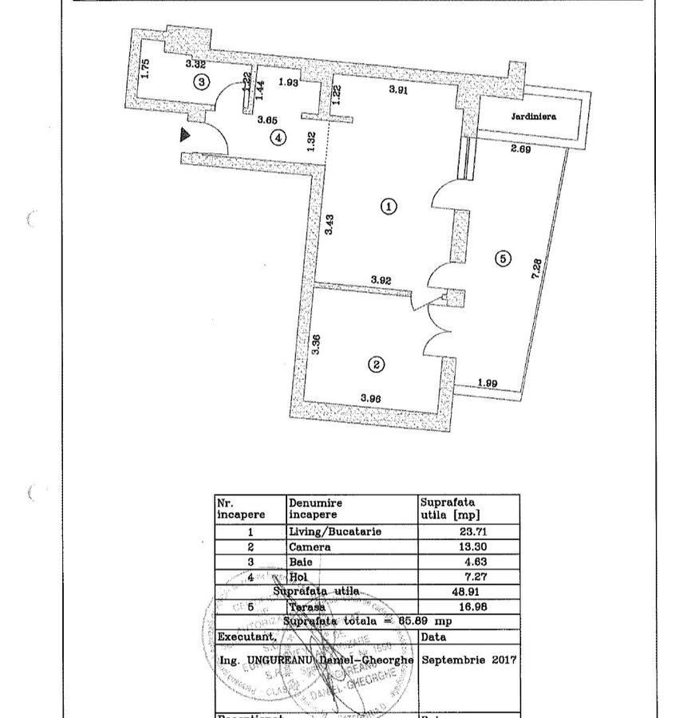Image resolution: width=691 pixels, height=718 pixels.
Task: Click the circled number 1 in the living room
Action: pyautogui.click(x=389, y=207)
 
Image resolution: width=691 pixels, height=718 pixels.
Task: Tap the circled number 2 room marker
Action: pyautogui.click(x=376, y=365)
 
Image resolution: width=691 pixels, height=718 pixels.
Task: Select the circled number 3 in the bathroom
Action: pyautogui.click(x=202, y=81)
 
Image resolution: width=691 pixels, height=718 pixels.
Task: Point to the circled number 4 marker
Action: pyautogui.click(x=277, y=138)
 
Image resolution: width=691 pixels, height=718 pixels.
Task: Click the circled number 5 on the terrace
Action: pyautogui.click(x=503, y=258)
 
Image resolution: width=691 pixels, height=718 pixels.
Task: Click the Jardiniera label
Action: pyautogui.click(x=534, y=116)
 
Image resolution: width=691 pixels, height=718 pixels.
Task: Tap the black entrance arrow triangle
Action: pyautogui.click(x=186, y=135)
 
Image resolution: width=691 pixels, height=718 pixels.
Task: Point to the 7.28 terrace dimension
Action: pyautogui.click(x=538, y=267)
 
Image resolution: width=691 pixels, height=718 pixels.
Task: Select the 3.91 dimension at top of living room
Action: pyautogui.click(x=398, y=90)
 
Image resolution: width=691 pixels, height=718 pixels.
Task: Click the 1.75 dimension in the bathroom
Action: pyautogui.click(x=145, y=69)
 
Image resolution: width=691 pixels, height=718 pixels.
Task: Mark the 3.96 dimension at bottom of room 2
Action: pyautogui.click(x=372, y=398)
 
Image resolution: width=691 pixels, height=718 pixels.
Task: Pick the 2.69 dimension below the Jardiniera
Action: pyautogui.click(x=520, y=148)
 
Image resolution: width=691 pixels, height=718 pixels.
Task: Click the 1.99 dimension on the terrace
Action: pyautogui.click(x=488, y=384)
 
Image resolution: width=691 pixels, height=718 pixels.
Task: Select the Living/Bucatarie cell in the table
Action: pyautogui.click(x=335, y=532)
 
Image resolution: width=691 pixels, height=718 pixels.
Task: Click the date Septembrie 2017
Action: pyautogui.click(x=469, y=661)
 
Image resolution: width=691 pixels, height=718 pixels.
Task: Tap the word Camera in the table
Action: pyautogui.click(x=310, y=547)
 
